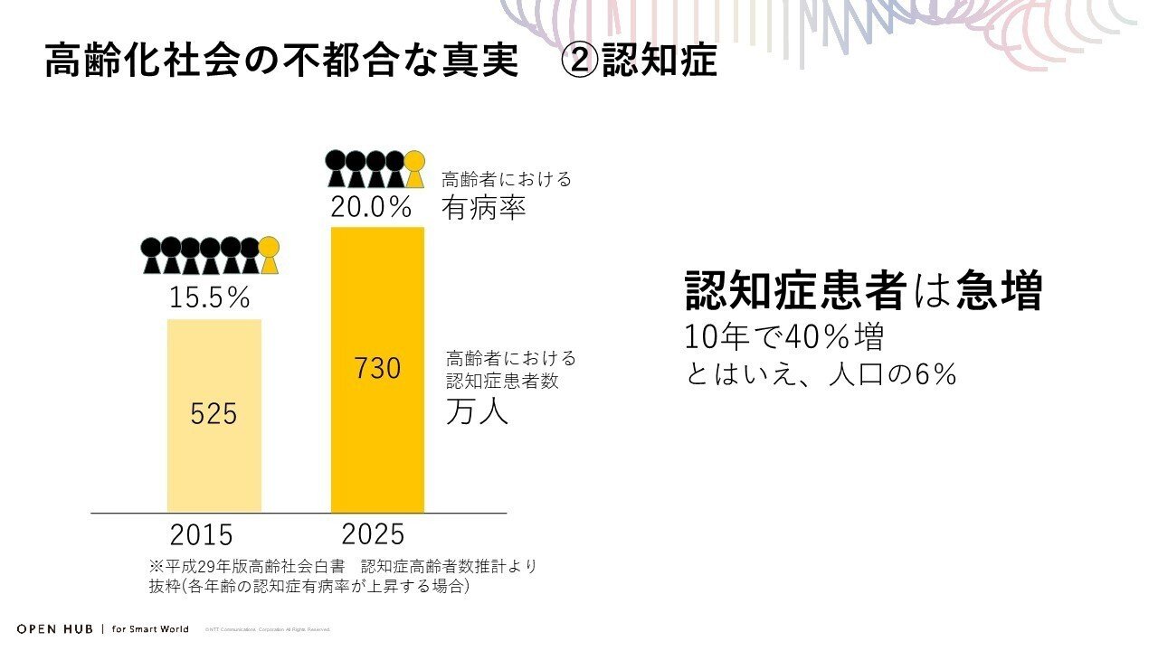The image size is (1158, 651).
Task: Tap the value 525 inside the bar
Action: click(x=214, y=413)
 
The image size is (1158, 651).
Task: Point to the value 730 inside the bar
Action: click(x=377, y=369)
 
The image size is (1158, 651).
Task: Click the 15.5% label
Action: click(x=211, y=297)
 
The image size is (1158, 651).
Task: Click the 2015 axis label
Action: click(x=201, y=534)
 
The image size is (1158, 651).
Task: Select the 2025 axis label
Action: click(x=373, y=533)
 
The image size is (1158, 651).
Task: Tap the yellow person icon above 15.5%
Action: click(x=269, y=255)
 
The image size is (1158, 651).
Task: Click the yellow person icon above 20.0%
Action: click(x=414, y=169)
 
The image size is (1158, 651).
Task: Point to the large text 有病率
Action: click(x=484, y=209)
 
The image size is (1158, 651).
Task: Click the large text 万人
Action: click(x=477, y=411)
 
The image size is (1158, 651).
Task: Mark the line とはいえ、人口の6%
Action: click(x=821, y=374)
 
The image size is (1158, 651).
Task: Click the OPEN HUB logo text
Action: click(x=55, y=628)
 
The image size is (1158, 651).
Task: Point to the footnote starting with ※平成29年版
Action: click(x=344, y=567)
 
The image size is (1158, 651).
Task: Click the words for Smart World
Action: click(x=150, y=628)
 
